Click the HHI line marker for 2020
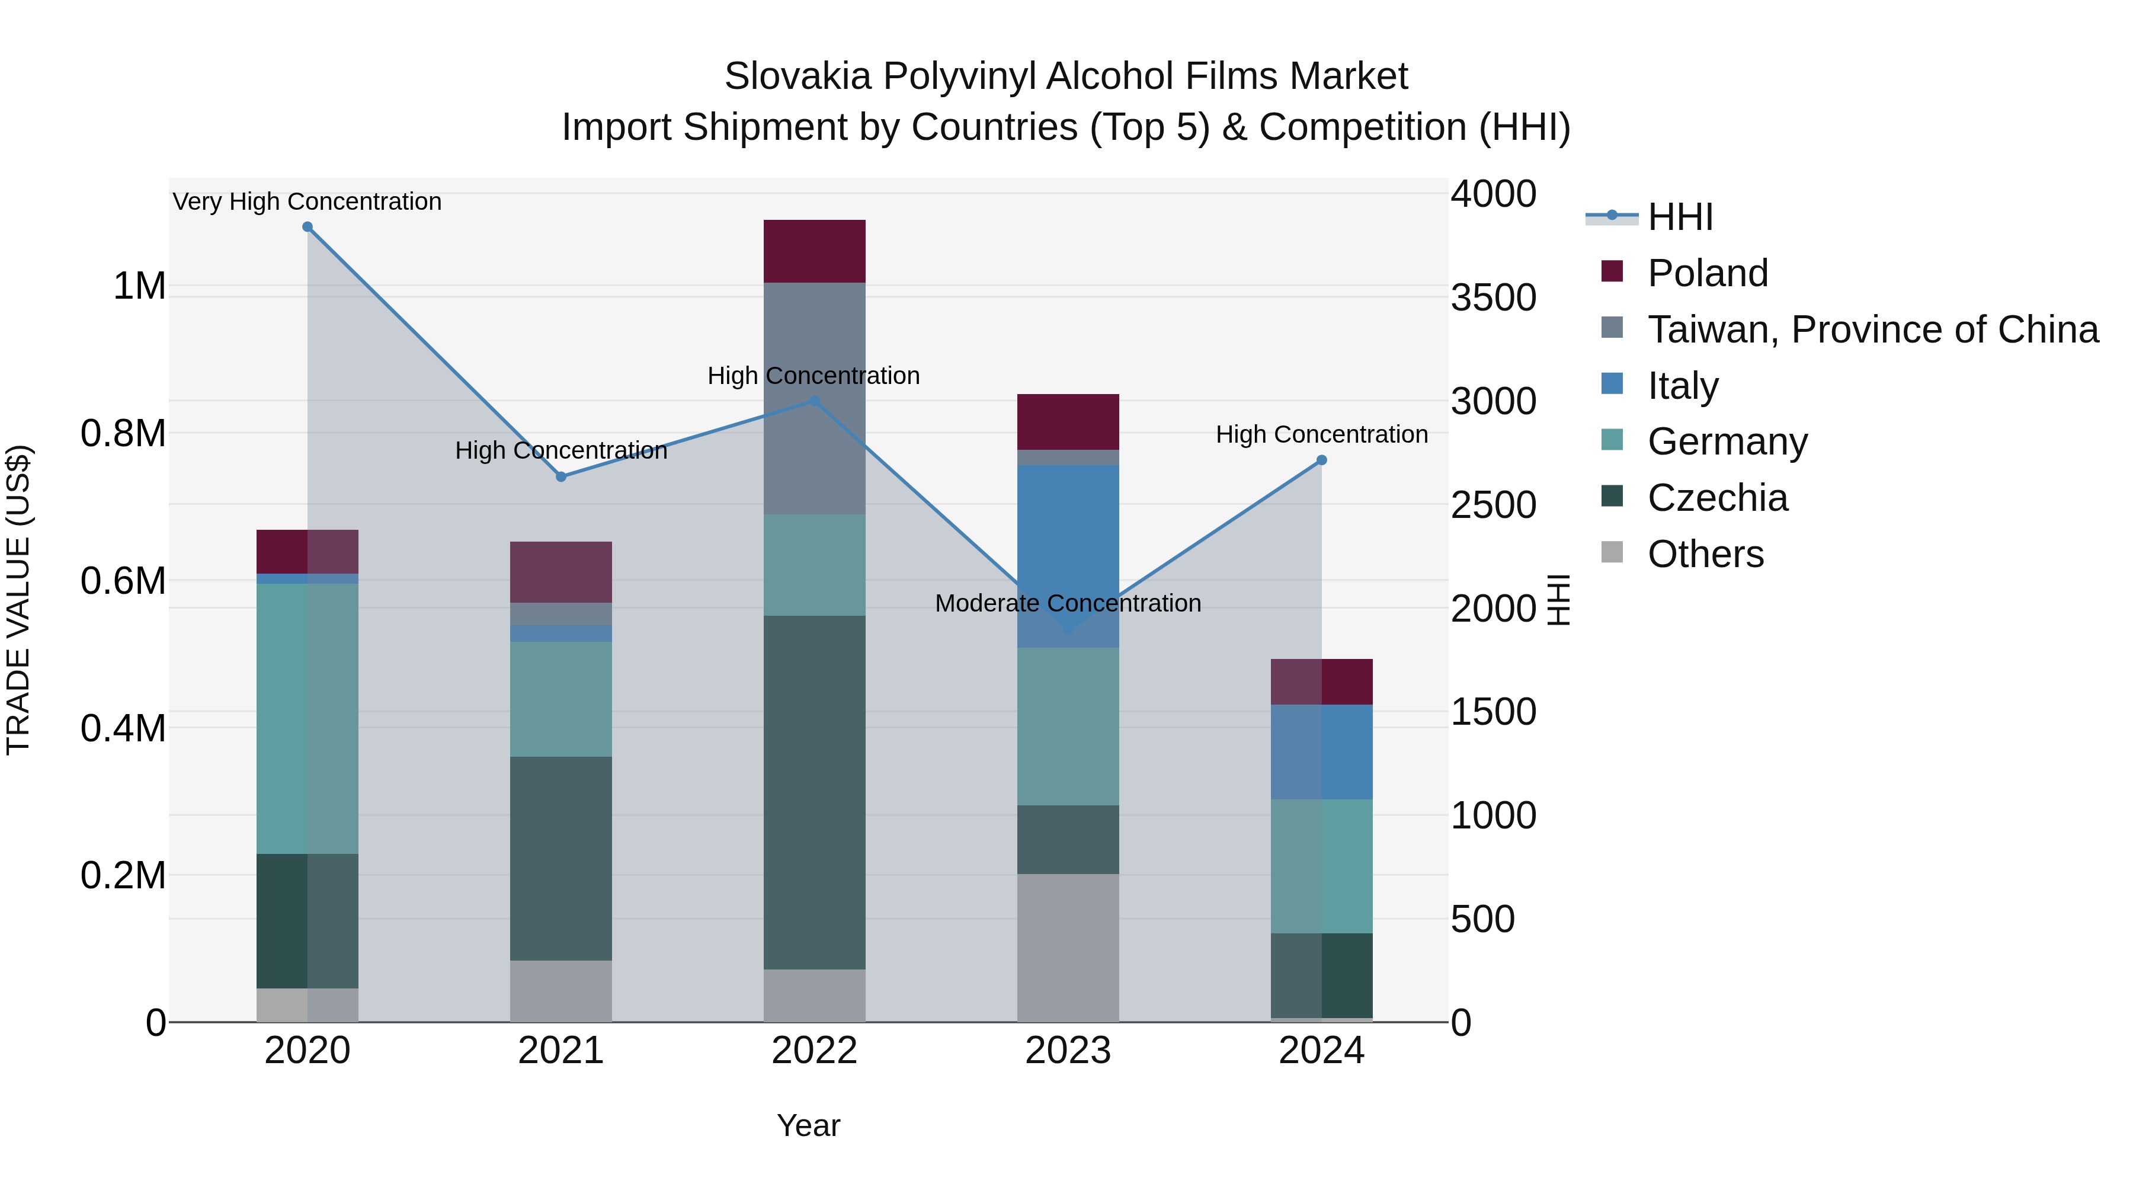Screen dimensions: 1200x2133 [x=307, y=227]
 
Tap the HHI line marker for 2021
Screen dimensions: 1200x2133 [x=561, y=477]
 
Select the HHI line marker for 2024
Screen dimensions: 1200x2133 [x=1321, y=460]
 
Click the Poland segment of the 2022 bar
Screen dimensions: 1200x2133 [x=814, y=252]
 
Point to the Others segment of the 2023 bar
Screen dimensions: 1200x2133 [x=1068, y=948]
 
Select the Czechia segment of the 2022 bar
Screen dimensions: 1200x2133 [x=814, y=792]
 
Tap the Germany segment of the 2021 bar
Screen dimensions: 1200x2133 [x=561, y=699]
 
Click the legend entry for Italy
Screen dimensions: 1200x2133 [x=1683, y=386]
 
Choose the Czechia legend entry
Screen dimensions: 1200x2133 [x=1717, y=498]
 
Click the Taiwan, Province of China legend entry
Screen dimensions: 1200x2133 [x=1872, y=329]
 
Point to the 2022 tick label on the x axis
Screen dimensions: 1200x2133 [x=814, y=1051]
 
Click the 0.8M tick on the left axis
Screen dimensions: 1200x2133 [x=123, y=433]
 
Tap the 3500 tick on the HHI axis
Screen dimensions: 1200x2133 [x=1493, y=297]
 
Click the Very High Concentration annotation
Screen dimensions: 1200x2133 [x=307, y=201]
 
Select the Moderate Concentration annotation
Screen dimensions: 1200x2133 [x=1068, y=603]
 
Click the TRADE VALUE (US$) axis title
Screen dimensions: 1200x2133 [x=18, y=600]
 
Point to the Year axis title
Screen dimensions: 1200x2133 [x=808, y=1125]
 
